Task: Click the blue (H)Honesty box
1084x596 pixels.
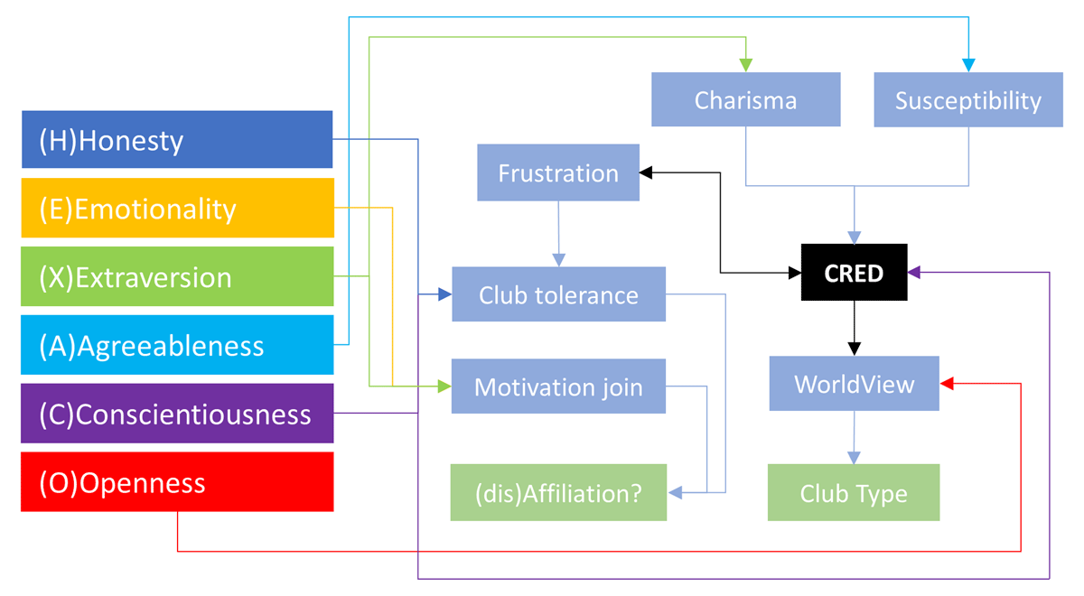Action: tap(177, 140)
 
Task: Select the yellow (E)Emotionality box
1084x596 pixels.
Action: tap(177, 209)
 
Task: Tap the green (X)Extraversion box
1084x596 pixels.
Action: tap(177, 276)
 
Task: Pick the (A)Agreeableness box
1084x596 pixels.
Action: tap(177, 345)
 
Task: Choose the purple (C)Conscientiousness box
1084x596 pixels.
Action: tap(177, 414)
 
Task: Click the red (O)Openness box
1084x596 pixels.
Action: tap(177, 482)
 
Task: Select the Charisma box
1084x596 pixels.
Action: tap(745, 99)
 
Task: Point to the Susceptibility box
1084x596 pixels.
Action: tap(967, 99)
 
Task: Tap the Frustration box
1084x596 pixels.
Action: tap(558, 172)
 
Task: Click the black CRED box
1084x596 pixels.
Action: tap(854, 272)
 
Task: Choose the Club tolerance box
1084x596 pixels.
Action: tap(558, 294)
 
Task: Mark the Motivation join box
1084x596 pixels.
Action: tap(558, 386)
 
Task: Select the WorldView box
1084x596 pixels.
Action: tap(854, 384)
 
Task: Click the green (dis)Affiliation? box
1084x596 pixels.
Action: tap(558, 493)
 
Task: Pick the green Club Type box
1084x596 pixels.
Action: tap(854, 493)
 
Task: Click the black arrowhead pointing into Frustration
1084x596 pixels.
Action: tap(646, 172)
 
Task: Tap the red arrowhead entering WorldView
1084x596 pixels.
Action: tap(947, 384)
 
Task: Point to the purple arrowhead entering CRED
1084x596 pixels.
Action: tap(913, 272)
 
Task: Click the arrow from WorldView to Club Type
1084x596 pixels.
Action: tap(854, 437)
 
